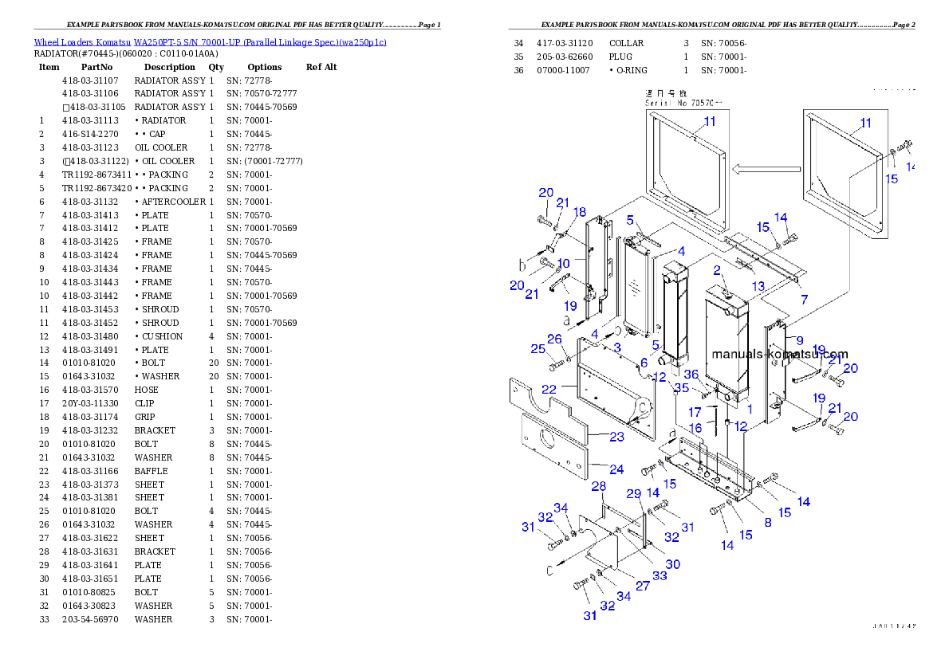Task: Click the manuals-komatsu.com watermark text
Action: tap(780, 355)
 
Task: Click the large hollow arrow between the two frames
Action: tap(766, 169)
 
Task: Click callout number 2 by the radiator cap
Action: tap(717, 271)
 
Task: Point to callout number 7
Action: tap(804, 299)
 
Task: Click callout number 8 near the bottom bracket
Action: tap(767, 523)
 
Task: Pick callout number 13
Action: tap(758, 285)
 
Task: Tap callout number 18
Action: tap(580, 212)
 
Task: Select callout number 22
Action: tap(549, 389)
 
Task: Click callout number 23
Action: tap(617, 437)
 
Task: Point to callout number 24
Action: tap(616, 469)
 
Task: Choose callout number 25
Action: tap(538, 348)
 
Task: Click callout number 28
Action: tap(598, 486)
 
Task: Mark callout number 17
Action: tap(695, 412)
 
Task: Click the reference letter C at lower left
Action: tap(548, 571)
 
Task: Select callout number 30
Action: tap(673, 563)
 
